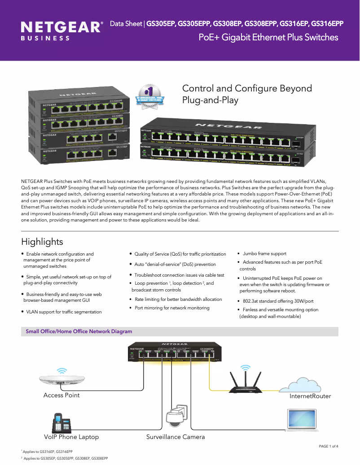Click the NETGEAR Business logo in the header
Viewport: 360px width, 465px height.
pos(61,30)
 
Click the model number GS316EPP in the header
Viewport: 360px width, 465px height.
pos(327,23)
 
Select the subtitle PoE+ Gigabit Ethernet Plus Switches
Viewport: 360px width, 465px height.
pos(268,37)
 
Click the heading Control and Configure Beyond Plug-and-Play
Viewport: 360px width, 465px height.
pos(246,94)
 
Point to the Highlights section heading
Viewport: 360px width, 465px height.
pos(42,242)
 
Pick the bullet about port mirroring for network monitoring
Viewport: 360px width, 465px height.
pos(172,308)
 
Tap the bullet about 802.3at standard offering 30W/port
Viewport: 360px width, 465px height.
pos(278,301)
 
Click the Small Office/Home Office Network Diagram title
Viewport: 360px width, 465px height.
pos(79,331)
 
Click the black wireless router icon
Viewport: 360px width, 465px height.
pos(245,381)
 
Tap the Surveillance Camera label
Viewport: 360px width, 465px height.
pos(176,437)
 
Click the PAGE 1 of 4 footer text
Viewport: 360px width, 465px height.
pos(328,446)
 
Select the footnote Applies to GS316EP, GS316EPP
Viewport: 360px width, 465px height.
pos(48,452)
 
